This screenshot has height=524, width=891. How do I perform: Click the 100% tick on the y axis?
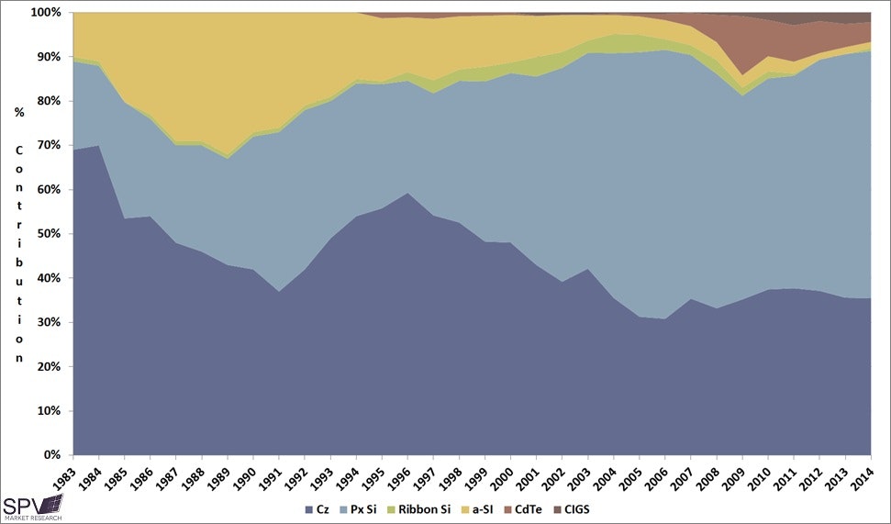[46, 13]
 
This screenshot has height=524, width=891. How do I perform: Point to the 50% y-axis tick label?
[49, 234]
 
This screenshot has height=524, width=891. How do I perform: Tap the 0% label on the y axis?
[51, 455]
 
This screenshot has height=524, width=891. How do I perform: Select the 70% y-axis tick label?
[49, 146]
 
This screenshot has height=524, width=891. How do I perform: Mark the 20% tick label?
[49, 367]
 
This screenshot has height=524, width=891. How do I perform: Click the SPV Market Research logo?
[32, 507]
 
